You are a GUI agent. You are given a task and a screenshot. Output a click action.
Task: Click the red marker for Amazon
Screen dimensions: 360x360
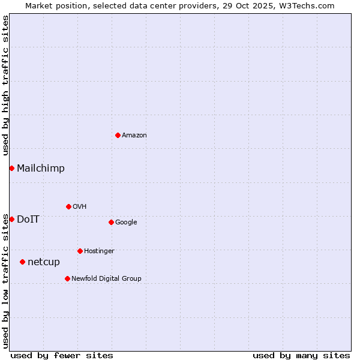pos(118,135)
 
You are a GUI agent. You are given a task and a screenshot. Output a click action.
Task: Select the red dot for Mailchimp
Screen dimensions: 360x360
pos(11,168)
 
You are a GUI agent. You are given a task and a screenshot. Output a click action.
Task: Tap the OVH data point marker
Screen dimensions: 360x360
pos(68,206)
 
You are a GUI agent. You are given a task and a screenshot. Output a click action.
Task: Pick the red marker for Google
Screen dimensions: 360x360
pos(111,222)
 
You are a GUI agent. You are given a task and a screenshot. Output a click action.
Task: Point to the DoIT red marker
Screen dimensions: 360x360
pos(11,219)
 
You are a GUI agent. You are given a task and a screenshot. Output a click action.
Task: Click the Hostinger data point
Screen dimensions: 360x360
pos(80,251)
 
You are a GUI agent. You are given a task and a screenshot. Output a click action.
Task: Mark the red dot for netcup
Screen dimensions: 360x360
pos(22,262)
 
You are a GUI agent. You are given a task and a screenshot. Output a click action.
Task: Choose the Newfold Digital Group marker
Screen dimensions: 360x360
pos(67,278)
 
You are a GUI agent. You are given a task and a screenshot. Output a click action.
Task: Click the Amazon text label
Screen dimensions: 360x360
pos(134,136)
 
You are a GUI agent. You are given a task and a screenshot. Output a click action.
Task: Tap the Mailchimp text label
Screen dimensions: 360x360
pos(41,169)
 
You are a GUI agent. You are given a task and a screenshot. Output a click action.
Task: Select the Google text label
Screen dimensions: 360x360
pos(126,223)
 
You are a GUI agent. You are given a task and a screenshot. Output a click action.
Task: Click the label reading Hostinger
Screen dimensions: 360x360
pos(99,251)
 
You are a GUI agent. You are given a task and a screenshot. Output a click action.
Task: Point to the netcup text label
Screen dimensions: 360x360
pos(44,262)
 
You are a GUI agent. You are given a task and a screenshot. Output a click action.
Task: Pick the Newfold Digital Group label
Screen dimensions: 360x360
pos(106,279)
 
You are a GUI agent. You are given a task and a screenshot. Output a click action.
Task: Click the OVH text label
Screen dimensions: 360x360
pos(80,207)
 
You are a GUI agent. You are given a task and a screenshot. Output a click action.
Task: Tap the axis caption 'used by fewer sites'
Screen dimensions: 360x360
pos(62,355)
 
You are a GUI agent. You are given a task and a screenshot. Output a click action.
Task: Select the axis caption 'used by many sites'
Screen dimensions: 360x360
pos(301,355)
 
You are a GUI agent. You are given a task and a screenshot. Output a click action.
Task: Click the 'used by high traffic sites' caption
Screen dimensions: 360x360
pos(5,85)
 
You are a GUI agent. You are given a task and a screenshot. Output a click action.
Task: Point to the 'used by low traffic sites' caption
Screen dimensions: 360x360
pos(5,281)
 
